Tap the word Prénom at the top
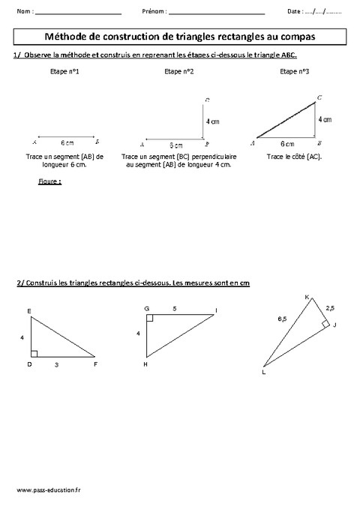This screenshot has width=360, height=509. (x=153, y=13)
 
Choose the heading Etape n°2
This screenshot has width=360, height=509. (x=176, y=71)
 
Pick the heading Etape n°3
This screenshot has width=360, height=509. (x=292, y=71)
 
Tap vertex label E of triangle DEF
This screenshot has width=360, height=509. (x=28, y=310)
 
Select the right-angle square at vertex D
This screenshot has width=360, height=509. (x=34, y=352)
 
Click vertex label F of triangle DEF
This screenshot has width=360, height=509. (x=96, y=364)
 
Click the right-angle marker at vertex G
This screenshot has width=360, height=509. (x=150, y=318)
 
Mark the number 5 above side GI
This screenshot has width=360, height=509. (x=175, y=307)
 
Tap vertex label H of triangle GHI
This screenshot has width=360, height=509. (x=145, y=364)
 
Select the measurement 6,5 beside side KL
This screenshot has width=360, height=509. (x=281, y=319)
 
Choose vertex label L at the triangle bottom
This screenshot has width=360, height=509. (x=264, y=372)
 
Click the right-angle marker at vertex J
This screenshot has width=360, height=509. (x=325, y=324)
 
